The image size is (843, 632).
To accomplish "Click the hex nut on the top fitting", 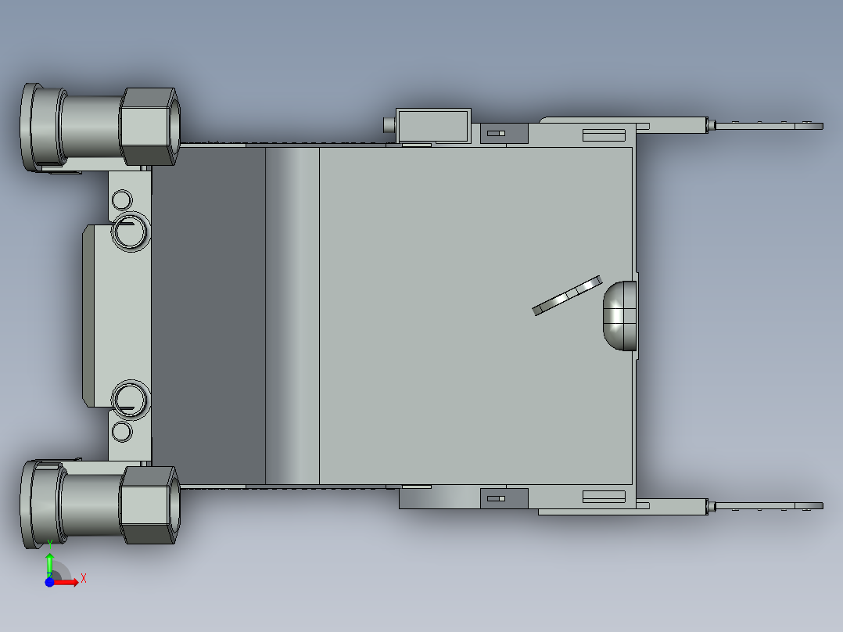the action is (149, 127).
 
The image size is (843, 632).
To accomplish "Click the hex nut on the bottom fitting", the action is (149, 505).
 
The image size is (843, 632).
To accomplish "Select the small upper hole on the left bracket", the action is (122, 200).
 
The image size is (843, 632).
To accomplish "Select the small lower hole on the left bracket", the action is (122, 432).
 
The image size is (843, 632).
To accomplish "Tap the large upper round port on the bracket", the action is (130, 232).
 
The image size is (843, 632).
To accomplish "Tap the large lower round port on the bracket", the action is (130, 399).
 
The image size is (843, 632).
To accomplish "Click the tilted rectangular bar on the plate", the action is (567, 296).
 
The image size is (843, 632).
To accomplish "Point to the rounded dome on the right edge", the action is (620, 316).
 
